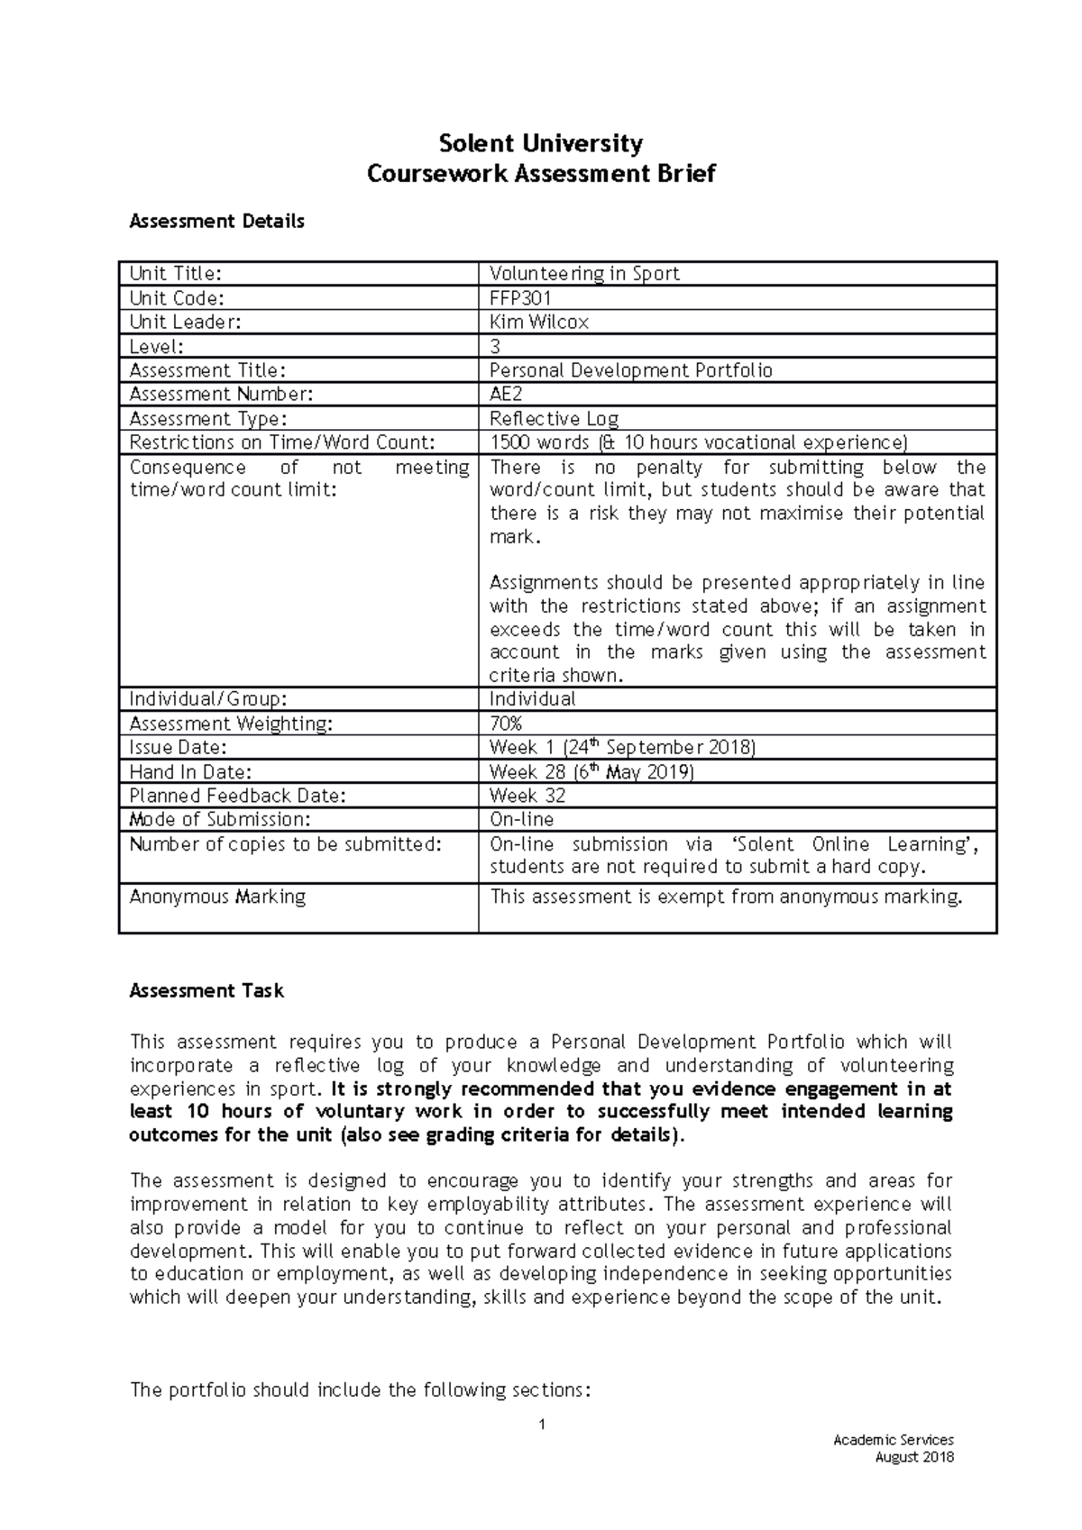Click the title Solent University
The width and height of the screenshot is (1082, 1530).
(x=540, y=143)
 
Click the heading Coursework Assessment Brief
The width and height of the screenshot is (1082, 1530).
(x=540, y=174)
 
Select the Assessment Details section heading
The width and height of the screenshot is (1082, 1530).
(x=216, y=222)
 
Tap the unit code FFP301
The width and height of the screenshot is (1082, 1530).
(x=519, y=298)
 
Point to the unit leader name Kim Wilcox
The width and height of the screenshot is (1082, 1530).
(x=538, y=323)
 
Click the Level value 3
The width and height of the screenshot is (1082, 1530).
(x=494, y=347)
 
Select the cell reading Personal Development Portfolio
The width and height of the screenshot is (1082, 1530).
(x=630, y=370)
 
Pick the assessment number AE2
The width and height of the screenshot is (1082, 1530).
(x=505, y=395)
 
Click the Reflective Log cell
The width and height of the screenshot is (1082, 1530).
(x=554, y=419)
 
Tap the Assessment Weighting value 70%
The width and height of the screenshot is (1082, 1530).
(x=505, y=724)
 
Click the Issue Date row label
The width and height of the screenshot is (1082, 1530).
(x=178, y=748)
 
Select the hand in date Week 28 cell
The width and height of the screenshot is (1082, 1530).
(x=591, y=772)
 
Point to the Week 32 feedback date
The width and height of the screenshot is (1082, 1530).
(x=527, y=796)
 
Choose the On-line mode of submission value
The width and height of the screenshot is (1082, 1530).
(x=521, y=820)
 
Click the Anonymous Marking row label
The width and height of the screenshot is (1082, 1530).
(x=217, y=897)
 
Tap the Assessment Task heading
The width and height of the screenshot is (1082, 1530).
(x=206, y=991)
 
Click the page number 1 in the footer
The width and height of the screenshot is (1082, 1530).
(x=541, y=1425)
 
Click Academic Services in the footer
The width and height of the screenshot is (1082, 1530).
(x=893, y=1440)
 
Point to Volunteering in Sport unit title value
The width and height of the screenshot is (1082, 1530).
(x=583, y=274)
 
